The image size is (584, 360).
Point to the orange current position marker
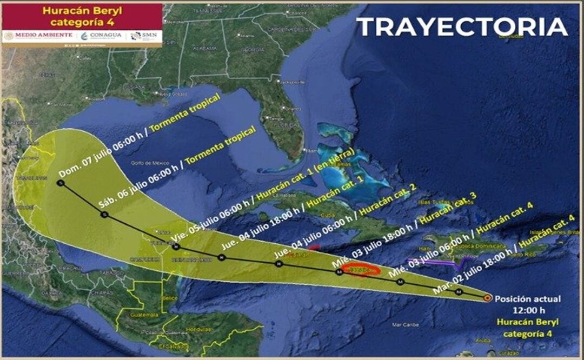(x=488, y=297)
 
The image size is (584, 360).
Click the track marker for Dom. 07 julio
(x=60, y=183)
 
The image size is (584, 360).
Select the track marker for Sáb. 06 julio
(x=104, y=215)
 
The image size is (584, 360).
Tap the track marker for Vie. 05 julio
(x=177, y=246)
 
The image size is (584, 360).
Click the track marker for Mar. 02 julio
(x=459, y=291)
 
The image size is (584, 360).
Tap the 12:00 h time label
(x=528, y=310)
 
